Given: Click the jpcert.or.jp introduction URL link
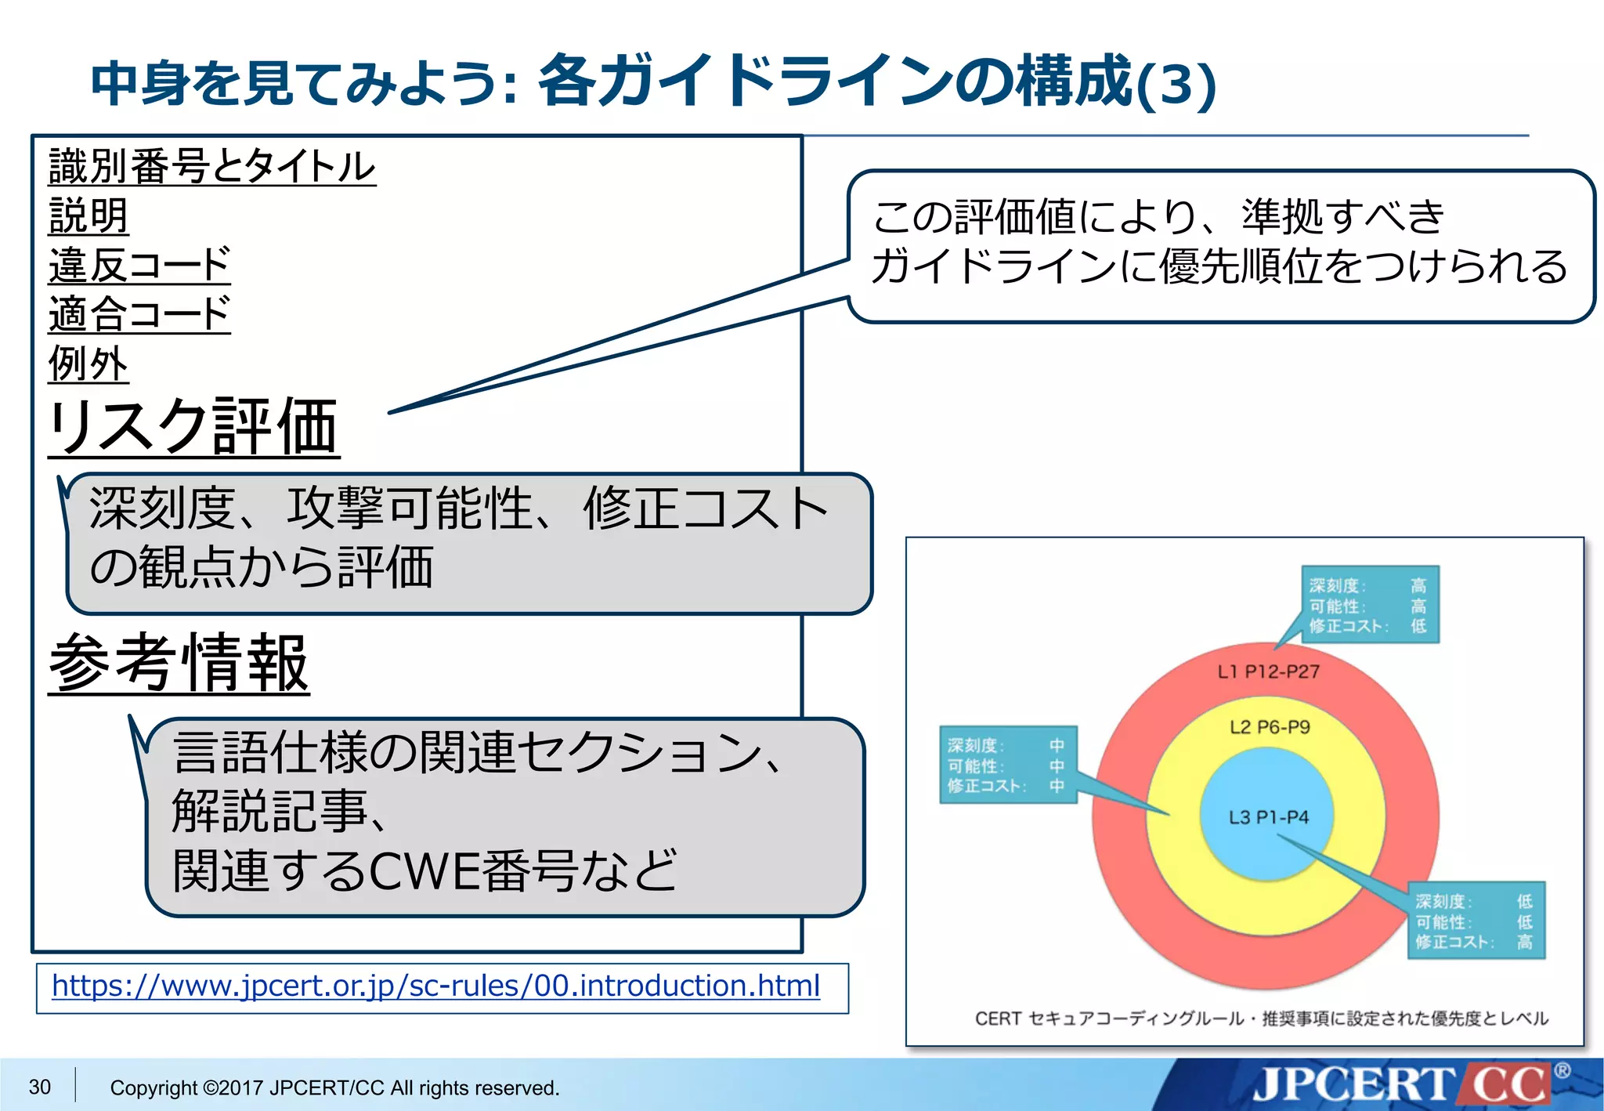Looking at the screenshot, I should (435, 986).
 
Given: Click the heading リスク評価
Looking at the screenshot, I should (193, 427).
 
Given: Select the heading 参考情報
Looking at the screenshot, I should (179, 664).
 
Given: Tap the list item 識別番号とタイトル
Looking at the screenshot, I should (212, 167).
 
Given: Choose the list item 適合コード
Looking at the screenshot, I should (139, 314).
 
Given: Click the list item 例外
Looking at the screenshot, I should (88, 364).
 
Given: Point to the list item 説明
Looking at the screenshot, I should (88, 216).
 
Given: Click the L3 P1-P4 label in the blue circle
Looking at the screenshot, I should (1268, 817).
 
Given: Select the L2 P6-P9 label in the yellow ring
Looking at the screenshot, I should (1269, 727).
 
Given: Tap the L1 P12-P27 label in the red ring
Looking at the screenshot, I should (1268, 671).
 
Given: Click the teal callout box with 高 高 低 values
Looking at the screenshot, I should (1370, 605).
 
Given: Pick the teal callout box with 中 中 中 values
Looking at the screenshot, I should (1008, 765).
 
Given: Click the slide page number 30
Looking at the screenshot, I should (40, 1087).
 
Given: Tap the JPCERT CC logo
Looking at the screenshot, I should (1402, 1084).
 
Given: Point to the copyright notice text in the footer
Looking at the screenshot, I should (334, 1087).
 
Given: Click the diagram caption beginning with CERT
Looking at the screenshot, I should (1261, 1018).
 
